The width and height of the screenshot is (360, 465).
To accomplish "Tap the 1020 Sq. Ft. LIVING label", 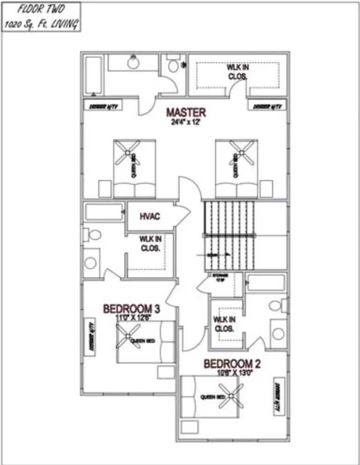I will pyautogui.click(x=42, y=24).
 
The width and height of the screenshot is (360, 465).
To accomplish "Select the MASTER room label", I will pyautogui.click(x=186, y=112).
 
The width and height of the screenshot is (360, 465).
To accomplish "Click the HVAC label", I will pyautogui.click(x=150, y=216).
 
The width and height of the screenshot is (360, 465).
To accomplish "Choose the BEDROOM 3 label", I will pyautogui.click(x=131, y=309).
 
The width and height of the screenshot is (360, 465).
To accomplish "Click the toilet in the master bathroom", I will pyautogui.click(x=174, y=65).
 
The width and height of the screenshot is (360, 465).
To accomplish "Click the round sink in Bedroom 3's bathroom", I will pyautogui.click(x=90, y=262).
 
